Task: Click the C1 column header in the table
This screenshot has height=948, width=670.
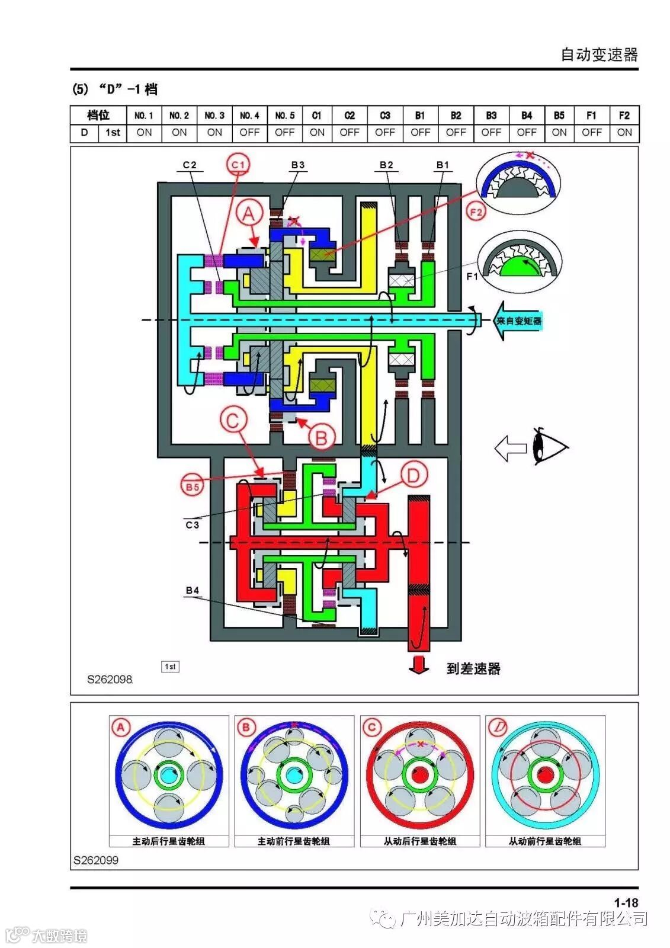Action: (317, 115)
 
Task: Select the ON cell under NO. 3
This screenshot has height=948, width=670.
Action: (214, 133)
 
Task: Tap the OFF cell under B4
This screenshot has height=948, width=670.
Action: (526, 133)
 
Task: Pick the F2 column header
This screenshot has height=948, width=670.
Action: (624, 115)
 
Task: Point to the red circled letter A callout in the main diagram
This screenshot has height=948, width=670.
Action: (249, 213)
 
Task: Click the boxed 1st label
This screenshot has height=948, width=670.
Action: (170, 667)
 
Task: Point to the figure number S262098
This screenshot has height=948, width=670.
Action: (110, 680)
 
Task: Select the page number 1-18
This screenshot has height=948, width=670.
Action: (626, 903)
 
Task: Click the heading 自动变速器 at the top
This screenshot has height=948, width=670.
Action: (599, 55)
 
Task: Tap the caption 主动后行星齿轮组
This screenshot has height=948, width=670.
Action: (169, 841)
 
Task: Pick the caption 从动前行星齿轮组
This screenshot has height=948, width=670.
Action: (545, 841)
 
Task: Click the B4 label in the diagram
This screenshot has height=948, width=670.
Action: (193, 590)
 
